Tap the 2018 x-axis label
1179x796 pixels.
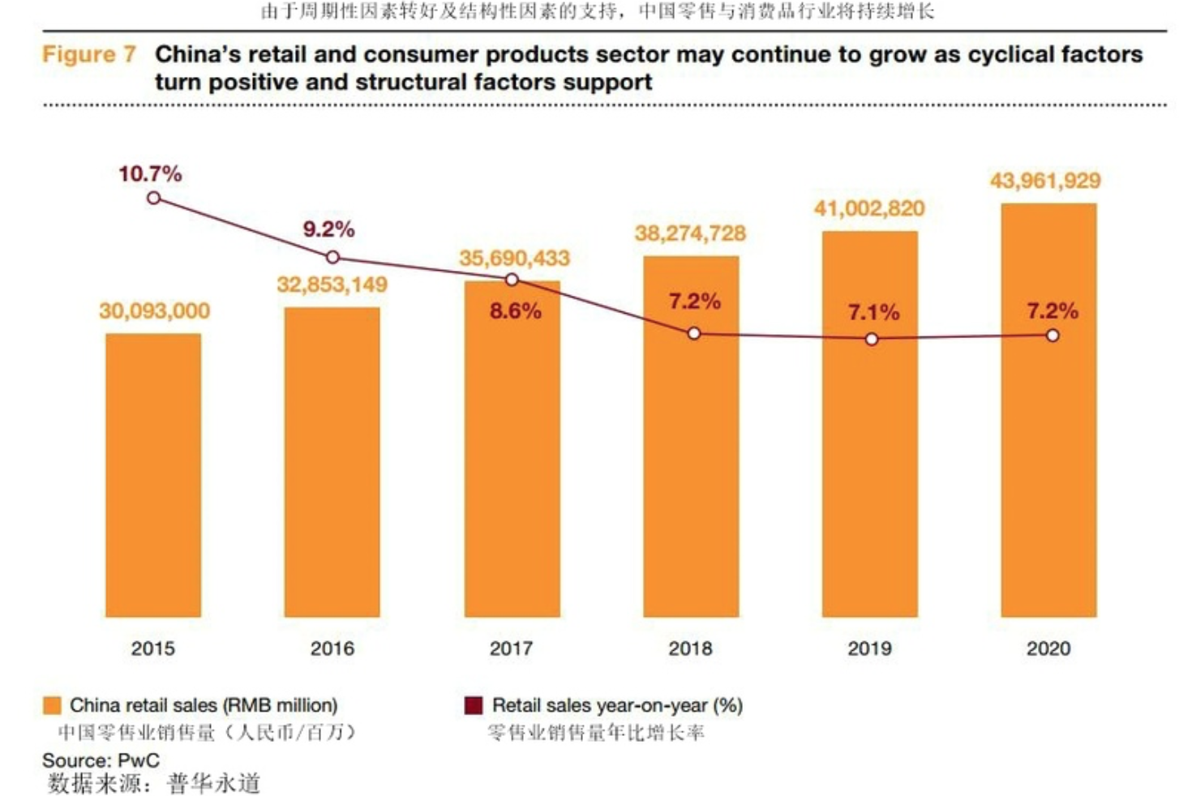click(690, 648)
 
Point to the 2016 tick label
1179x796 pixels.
click(332, 648)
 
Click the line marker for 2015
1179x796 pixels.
click(153, 198)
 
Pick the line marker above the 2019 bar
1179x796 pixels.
click(872, 339)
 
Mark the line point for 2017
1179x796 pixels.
click(512, 280)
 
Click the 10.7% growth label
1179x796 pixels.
click(150, 173)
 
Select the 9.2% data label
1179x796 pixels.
click(328, 229)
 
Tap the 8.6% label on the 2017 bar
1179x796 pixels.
click(515, 310)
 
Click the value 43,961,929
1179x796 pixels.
click(1045, 181)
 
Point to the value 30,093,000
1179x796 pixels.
click(154, 310)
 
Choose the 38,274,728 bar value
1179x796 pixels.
click(690, 233)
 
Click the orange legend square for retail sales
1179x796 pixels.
click(52, 705)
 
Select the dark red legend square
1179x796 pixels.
click(474, 705)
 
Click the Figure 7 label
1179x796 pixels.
click(89, 54)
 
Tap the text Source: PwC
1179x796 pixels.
click(101, 760)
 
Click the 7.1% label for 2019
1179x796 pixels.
click(873, 312)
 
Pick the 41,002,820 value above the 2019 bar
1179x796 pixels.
click(869, 208)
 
